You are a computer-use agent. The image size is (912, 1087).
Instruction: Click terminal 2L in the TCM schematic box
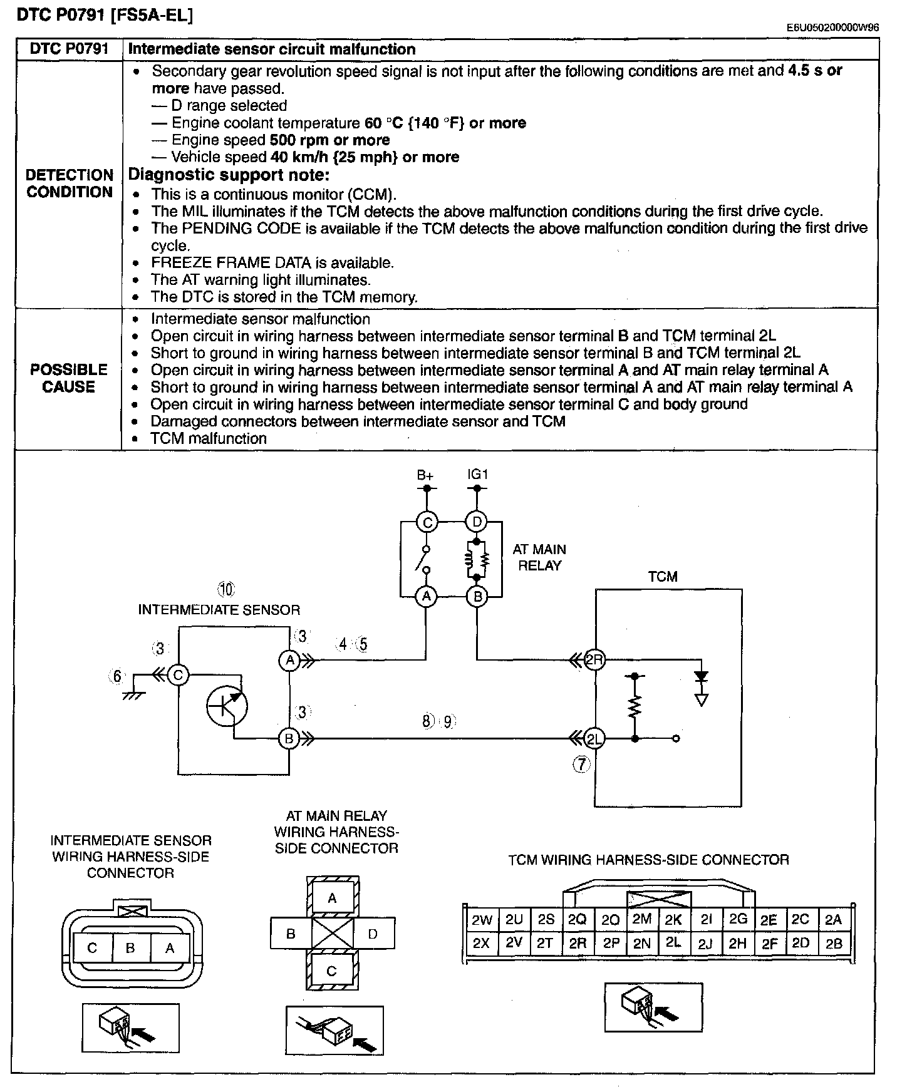(594, 739)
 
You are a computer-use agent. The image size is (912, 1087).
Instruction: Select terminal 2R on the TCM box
(594, 659)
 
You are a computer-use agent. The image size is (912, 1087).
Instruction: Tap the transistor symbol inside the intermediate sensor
(227, 706)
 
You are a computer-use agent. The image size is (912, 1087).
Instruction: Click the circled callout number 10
(225, 589)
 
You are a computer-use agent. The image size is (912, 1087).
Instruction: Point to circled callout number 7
(582, 764)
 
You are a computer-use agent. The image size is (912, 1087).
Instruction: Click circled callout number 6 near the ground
(117, 677)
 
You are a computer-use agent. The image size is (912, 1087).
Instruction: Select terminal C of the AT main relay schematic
(427, 522)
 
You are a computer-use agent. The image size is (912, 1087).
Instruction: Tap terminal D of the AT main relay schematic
(477, 522)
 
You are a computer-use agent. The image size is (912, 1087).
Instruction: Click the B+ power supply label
(425, 475)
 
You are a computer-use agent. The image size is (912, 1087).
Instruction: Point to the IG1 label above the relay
(477, 475)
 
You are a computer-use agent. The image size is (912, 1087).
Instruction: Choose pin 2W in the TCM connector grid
(482, 920)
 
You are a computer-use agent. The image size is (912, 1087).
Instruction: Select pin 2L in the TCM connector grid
(673, 942)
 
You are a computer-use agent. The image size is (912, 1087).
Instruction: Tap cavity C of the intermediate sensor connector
(92, 948)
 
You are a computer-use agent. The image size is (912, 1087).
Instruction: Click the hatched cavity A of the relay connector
(333, 899)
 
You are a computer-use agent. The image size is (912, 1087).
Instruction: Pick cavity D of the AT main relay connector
(373, 934)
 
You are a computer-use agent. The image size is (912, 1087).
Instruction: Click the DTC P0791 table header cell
(69, 49)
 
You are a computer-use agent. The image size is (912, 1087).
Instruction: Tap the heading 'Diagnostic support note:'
(229, 175)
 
